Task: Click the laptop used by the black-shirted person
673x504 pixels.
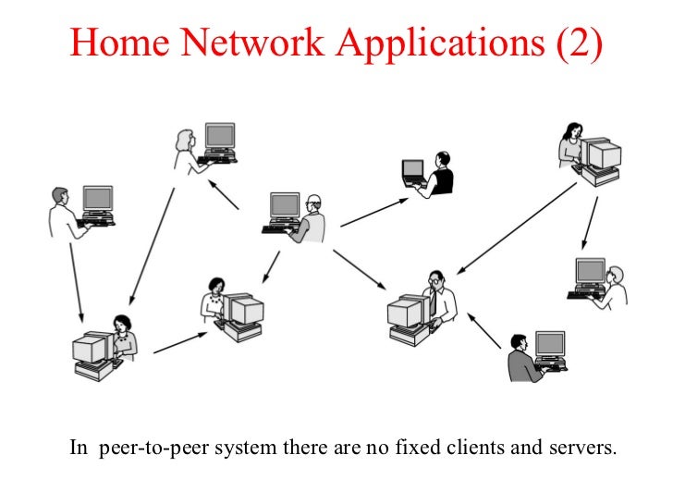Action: pyautogui.click(x=412, y=172)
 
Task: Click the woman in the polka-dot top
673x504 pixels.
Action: pyautogui.click(x=215, y=297)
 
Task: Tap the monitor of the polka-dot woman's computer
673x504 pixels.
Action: pyautogui.click(x=243, y=310)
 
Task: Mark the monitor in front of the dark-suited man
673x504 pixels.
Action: pyautogui.click(x=550, y=345)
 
